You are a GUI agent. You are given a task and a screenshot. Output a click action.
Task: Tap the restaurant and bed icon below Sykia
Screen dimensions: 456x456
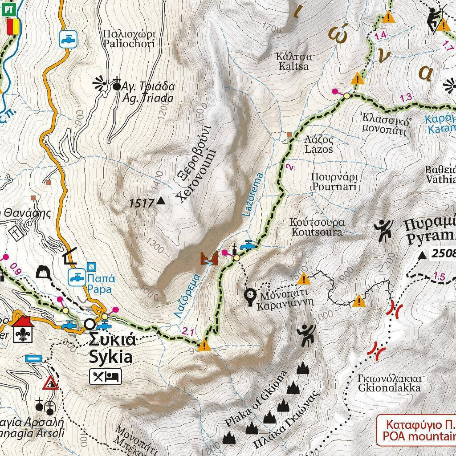[x=106, y=377]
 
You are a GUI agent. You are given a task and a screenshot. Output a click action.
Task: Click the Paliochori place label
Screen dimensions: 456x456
[x=128, y=39]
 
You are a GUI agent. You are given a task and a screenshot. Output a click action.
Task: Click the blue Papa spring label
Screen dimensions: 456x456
[x=99, y=284]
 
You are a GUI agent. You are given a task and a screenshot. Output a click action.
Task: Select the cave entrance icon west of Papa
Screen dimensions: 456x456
[x=44, y=271]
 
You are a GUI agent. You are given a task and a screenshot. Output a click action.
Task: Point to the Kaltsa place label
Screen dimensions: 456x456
[x=294, y=62]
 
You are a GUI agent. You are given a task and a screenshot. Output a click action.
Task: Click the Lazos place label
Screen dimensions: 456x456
[x=318, y=144]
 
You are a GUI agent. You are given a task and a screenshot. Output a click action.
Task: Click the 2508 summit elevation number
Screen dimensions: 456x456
[x=442, y=254]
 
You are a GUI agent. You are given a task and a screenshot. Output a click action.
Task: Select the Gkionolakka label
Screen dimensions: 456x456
[x=389, y=383]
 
